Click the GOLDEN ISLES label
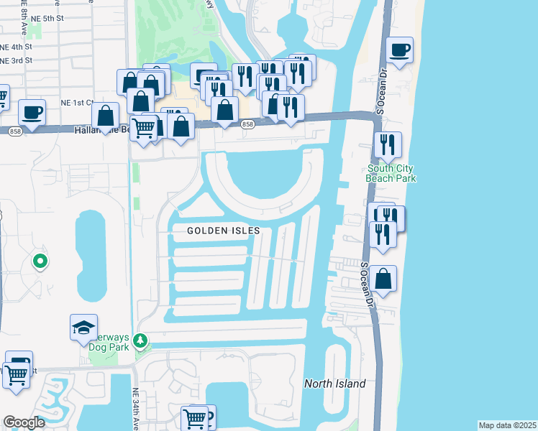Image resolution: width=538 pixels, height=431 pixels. [222, 231]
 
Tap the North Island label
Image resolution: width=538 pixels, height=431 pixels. [334, 384]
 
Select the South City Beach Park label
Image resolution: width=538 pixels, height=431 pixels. [392, 174]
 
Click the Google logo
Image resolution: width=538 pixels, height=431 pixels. [24, 422]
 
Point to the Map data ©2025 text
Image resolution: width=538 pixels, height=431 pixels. [507, 425]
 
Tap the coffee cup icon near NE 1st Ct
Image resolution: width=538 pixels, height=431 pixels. [32, 112]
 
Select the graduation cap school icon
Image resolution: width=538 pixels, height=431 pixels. [83, 327]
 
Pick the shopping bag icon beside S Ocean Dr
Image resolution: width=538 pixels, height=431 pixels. [384, 278]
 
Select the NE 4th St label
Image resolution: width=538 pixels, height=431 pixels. [16, 47]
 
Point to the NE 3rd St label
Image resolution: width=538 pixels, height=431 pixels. [16, 61]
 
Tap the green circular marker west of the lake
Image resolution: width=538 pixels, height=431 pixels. [41, 261]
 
